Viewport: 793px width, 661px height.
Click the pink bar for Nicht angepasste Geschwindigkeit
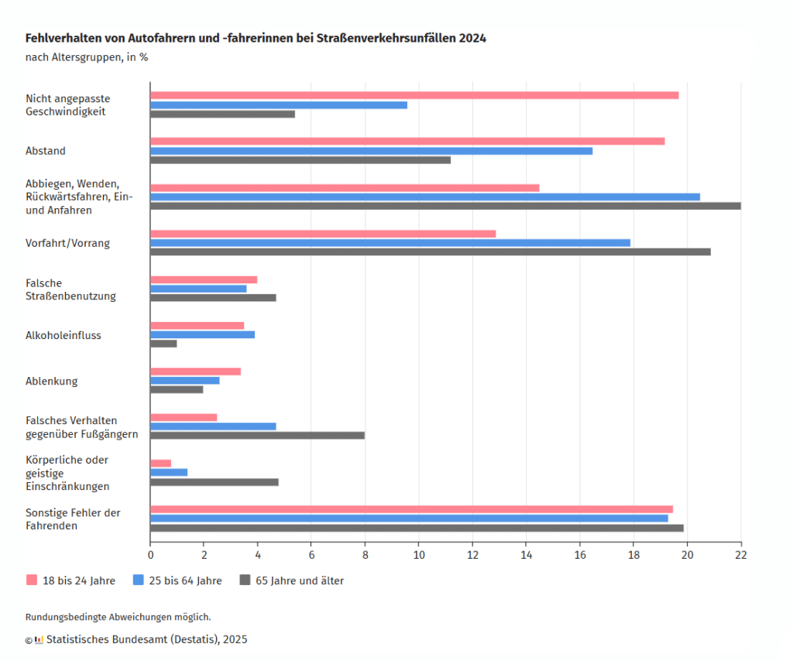(x=414, y=95)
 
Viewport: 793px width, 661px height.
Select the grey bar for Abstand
(x=300, y=160)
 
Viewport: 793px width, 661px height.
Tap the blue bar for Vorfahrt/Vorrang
(x=390, y=243)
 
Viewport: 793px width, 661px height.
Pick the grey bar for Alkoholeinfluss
(x=163, y=344)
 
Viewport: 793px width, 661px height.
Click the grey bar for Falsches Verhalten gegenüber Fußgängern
(x=257, y=435)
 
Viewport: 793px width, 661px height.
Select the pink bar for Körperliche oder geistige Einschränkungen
(x=160, y=464)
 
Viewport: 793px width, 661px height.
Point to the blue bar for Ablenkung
(x=185, y=381)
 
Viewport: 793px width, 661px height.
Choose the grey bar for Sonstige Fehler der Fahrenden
(x=417, y=529)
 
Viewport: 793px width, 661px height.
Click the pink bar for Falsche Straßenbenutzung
(x=204, y=279)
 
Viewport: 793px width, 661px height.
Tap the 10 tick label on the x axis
(x=419, y=555)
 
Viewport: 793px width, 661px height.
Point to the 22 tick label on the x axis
(x=741, y=555)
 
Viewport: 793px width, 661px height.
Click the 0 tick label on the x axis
(x=150, y=555)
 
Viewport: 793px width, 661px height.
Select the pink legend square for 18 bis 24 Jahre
(x=32, y=580)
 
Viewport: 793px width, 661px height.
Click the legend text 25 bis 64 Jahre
(x=185, y=581)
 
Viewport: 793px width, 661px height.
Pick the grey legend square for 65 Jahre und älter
(x=245, y=580)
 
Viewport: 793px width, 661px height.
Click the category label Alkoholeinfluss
(x=64, y=336)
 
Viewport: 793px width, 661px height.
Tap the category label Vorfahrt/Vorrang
(x=68, y=243)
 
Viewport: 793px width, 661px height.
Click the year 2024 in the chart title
(x=472, y=38)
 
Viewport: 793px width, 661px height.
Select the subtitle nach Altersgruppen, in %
(x=87, y=57)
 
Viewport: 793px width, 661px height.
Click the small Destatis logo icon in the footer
(x=39, y=640)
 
